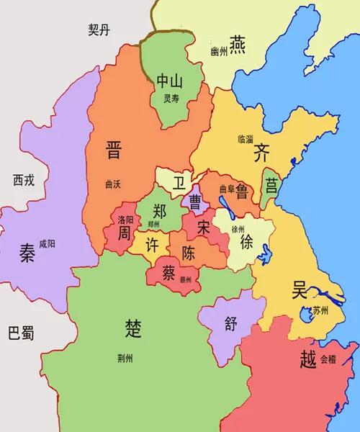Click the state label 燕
(238, 42)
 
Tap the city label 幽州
(218, 52)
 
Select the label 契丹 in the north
(102, 30)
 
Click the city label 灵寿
(171, 99)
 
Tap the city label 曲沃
(112, 184)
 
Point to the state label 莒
(271, 184)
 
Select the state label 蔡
(169, 273)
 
